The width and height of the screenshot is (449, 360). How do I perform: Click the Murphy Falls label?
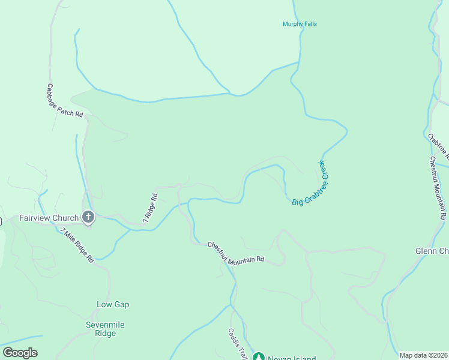pyautogui.click(x=300, y=24)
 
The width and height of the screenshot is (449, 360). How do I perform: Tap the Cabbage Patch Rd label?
pyautogui.click(x=64, y=100)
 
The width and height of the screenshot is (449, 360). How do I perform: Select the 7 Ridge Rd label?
pyautogui.click(x=150, y=208)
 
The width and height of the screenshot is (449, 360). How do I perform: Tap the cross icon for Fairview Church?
pyautogui.click(x=88, y=217)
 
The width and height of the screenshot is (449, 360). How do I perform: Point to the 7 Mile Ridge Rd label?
pyautogui.click(x=77, y=244)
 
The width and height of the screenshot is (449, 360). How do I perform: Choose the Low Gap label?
pyautogui.click(x=113, y=304)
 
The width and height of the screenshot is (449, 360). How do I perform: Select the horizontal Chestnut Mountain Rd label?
pyautogui.click(x=236, y=252)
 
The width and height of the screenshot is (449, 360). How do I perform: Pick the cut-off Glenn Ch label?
pyautogui.click(x=432, y=251)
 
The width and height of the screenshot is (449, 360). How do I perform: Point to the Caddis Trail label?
pyautogui.click(x=237, y=343)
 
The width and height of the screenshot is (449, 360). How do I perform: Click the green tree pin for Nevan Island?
pyautogui.click(x=259, y=356)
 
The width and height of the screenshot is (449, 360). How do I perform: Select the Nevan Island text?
pyautogui.click(x=293, y=358)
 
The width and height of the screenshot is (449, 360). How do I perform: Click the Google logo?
pyautogui.click(x=20, y=353)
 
